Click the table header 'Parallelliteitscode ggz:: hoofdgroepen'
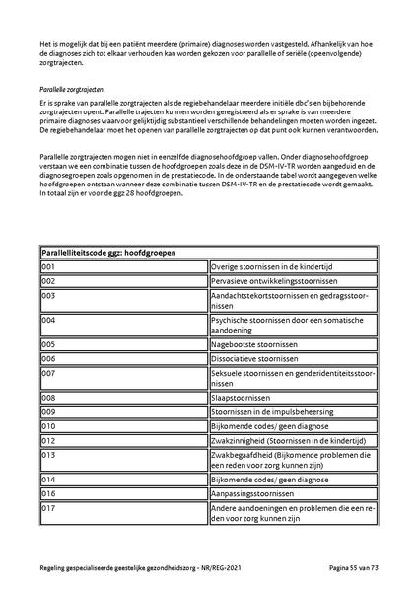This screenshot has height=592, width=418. click(108, 253)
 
